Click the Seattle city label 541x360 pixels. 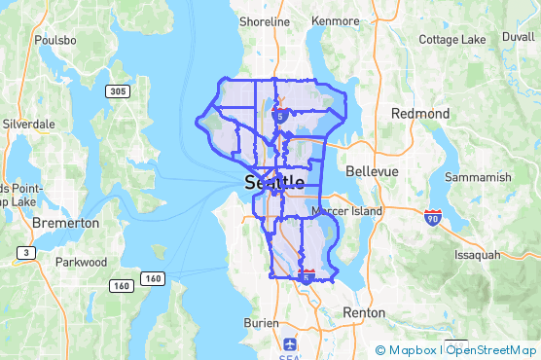pos(274,182)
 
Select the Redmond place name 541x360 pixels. pos(420,114)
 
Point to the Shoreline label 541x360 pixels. pos(265,21)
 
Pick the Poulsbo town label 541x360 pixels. pos(54,40)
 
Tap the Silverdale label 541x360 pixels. pos(29,125)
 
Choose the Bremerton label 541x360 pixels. pos(66,223)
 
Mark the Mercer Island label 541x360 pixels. pos(347,210)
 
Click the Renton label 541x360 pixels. pos(364,313)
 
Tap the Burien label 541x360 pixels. pos(261,321)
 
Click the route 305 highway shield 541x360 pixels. pos(116,91)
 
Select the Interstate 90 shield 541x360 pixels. pos(432,216)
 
